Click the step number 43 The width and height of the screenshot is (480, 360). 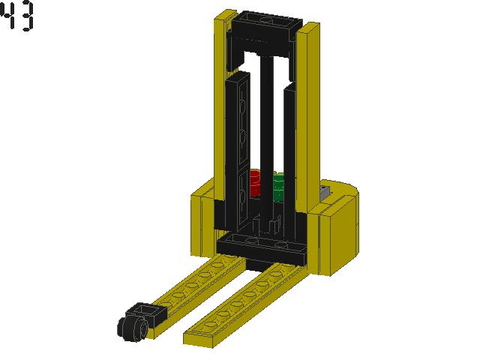click(x=18, y=17)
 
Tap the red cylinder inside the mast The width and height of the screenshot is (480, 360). click(x=254, y=184)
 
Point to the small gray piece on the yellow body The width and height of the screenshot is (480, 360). click(x=325, y=192)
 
